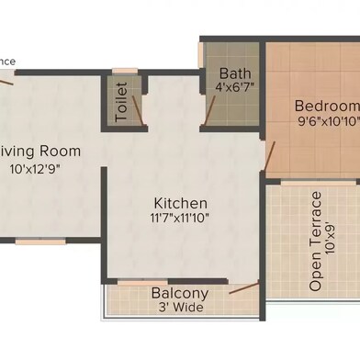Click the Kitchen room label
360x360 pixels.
click(181, 202)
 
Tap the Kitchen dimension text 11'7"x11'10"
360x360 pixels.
click(181, 219)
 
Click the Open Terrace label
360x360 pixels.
click(315, 241)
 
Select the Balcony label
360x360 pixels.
click(180, 294)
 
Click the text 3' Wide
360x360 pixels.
click(180, 308)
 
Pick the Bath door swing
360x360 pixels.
click(210, 109)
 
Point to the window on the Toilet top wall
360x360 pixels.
click(126, 70)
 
